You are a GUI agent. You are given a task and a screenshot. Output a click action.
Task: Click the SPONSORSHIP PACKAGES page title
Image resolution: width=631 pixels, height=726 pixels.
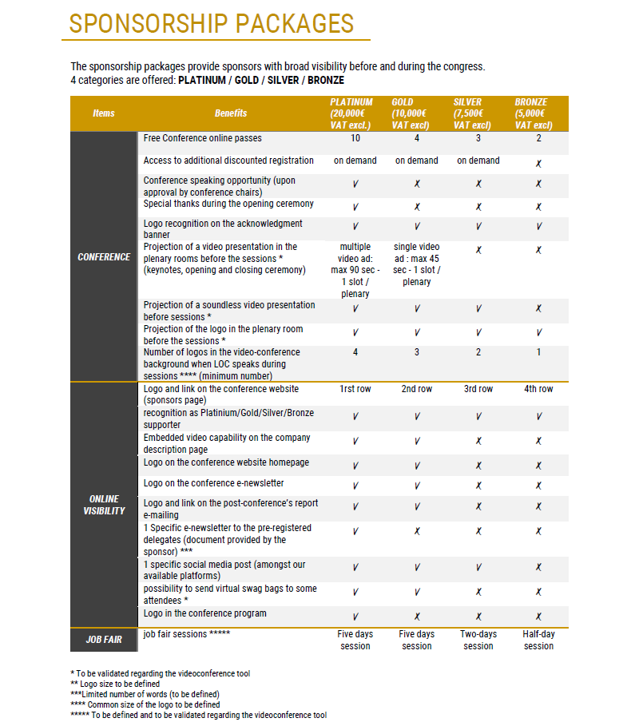coord(212,23)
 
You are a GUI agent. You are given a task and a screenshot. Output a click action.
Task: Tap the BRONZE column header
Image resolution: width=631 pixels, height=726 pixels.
coord(534,113)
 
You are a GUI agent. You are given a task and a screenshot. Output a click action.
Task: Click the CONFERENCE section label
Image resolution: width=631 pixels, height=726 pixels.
coord(104,257)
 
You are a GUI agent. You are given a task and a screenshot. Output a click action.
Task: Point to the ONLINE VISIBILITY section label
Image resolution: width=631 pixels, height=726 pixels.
coord(104,505)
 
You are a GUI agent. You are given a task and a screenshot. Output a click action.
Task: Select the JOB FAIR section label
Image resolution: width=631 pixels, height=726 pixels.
coord(104,640)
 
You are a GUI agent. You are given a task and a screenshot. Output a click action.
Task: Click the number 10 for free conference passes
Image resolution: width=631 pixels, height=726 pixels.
coord(355,138)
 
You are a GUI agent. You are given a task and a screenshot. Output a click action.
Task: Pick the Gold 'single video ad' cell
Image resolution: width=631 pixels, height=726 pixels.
coord(417,264)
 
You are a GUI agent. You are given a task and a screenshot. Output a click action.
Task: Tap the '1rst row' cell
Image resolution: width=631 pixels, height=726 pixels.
coord(355,389)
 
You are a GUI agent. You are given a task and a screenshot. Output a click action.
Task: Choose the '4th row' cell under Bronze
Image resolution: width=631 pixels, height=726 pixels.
coord(538,389)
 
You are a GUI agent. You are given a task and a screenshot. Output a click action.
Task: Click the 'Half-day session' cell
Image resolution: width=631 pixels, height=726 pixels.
coord(538,640)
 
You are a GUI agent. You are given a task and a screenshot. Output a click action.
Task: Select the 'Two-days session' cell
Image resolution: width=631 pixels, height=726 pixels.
coord(478,640)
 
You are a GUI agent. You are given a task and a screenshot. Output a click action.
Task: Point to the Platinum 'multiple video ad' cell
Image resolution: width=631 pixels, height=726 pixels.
coord(355,270)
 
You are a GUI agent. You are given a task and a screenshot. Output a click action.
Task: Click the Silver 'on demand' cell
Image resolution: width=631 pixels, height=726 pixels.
coord(478,161)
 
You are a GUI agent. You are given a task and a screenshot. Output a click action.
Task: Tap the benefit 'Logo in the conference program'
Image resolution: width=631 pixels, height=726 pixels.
coord(204,613)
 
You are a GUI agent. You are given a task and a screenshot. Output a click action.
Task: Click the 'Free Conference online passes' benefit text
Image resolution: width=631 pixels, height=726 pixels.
coord(202,138)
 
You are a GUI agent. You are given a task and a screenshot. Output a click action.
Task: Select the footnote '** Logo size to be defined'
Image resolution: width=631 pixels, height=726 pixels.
coord(115,684)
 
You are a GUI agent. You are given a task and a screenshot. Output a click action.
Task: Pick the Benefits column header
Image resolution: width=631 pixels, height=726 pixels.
coord(231,113)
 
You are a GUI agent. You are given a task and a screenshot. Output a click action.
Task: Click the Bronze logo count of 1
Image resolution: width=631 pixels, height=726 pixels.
coord(538,352)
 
